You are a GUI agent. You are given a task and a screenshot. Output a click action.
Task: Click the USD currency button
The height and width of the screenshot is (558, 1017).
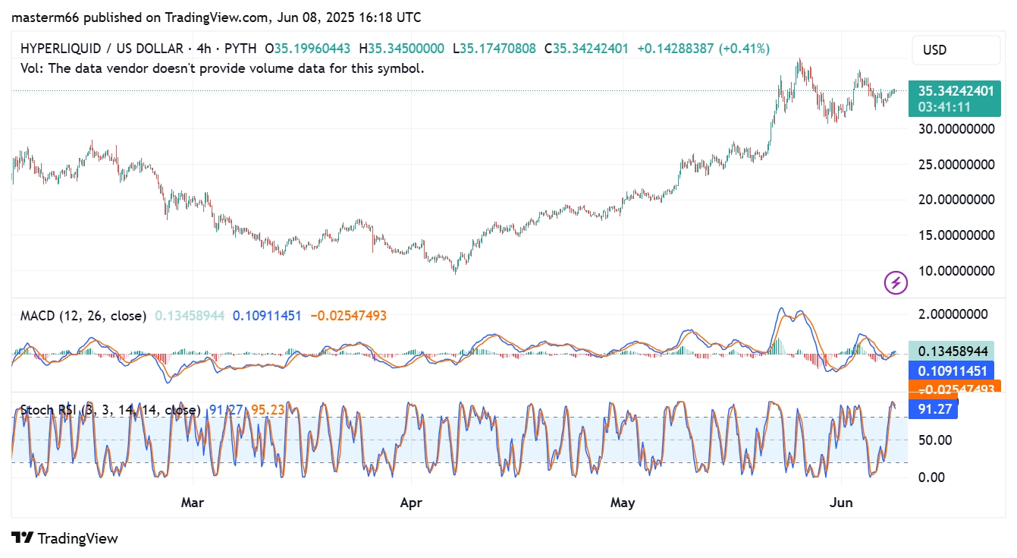(955, 50)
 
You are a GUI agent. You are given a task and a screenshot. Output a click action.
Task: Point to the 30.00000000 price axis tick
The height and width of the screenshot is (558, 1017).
(956, 128)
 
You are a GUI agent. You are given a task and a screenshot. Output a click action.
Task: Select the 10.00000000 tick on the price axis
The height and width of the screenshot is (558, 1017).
(956, 270)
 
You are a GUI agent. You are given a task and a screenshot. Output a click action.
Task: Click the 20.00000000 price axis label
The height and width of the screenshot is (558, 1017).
(956, 199)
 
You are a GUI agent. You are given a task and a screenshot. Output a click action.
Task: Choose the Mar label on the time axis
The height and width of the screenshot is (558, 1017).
(193, 503)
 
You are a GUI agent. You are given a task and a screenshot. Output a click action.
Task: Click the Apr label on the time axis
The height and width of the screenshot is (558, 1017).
(411, 503)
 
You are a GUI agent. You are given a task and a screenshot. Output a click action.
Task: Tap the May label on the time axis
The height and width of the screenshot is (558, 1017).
(622, 503)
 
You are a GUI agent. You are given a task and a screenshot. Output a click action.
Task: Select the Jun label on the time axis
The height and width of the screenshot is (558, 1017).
(841, 503)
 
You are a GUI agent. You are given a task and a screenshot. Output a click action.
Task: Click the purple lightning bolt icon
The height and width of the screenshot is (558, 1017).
(896, 283)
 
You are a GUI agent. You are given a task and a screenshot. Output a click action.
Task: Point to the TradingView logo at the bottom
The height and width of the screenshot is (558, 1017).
(65, 538)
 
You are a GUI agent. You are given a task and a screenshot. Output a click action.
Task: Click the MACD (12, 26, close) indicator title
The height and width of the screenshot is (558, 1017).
(83, 315)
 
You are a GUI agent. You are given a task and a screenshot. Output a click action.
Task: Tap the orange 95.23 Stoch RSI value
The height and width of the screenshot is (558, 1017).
(268, 410)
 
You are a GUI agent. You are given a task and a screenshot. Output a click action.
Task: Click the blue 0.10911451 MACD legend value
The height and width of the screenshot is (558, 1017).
(267, 315)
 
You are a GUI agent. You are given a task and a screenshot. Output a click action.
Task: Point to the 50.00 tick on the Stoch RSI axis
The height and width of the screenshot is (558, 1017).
(936, 440)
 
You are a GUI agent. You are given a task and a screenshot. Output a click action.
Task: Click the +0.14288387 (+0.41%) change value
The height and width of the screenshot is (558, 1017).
(703, 49)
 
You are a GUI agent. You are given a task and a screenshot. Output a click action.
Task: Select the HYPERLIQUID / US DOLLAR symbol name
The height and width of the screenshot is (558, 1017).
(101, 49)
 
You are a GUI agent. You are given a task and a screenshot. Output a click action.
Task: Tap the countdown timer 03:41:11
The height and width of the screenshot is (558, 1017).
(944, 107)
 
